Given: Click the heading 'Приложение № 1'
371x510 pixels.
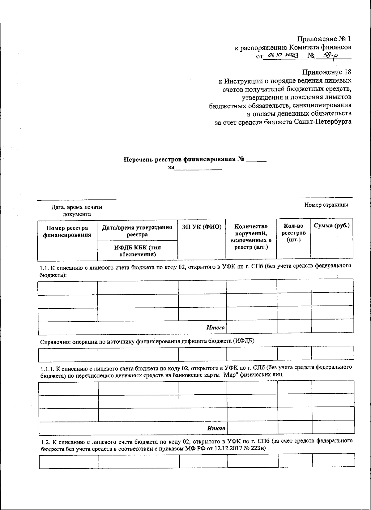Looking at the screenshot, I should (324, 39).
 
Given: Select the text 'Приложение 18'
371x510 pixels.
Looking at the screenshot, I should (326, 72).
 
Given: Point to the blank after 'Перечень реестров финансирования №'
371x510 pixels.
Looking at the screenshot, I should (256, 160).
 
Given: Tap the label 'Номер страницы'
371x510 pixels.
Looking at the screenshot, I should (326, 205).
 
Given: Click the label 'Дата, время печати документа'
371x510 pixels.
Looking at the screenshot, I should (77, 210).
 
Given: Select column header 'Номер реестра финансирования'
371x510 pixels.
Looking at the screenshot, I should (67, 231).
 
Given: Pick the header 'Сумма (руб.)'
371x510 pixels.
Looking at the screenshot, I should (331, 225).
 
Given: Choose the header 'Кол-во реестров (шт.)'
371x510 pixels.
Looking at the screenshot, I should (293, 233).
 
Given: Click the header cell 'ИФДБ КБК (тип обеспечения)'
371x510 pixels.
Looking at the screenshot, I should (137, 251).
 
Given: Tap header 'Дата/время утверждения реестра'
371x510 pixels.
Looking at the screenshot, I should (137, 231).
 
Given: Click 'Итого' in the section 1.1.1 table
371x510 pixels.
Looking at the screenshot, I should (216, 428).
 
